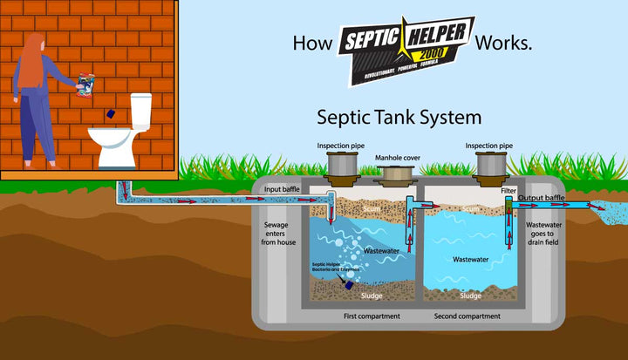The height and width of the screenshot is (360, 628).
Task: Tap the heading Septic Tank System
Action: click(x=399, y=115)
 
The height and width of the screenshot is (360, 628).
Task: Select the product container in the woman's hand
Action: click(x=85, y=81)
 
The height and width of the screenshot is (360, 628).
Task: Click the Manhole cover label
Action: click(x=399, y=158)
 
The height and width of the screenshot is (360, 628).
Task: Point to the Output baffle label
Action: click(x=542, y=198)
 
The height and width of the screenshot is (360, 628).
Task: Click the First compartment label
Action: click(x=372, y=316)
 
